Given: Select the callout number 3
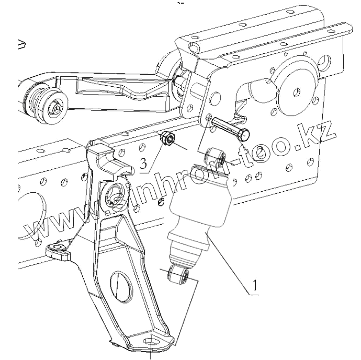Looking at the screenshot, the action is (x=143, y=165).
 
